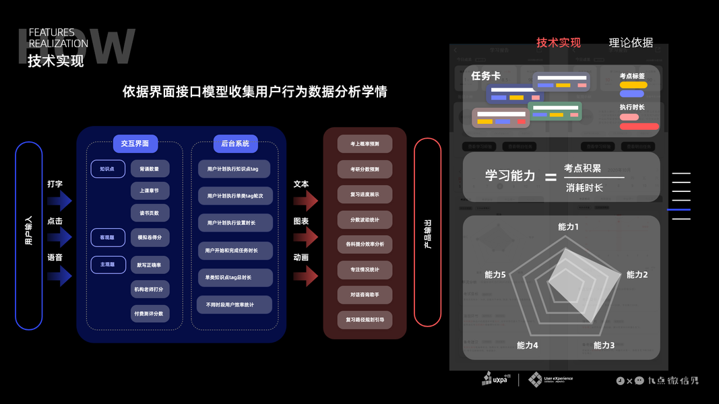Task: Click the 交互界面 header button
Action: (135, 143)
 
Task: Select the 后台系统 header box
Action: (235, 143)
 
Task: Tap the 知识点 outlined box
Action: (108, 169)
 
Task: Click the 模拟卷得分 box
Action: (150, 238)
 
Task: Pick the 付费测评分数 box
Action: (150, 313)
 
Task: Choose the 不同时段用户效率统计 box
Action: (230, 304)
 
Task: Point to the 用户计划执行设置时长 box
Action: (230, 223)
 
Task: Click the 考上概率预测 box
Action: (365, 144)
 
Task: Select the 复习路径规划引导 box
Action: (365, 319)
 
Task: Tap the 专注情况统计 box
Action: (365, 269)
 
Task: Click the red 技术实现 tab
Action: (558, 42)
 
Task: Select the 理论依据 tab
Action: (631, 42)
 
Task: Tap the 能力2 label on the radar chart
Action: (637, 275)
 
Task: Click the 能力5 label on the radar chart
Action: (495, 275)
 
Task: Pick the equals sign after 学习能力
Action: (551, 177)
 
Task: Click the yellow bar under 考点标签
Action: (633, 85)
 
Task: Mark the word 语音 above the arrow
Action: (55, 257)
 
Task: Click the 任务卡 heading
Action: (485, 76)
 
